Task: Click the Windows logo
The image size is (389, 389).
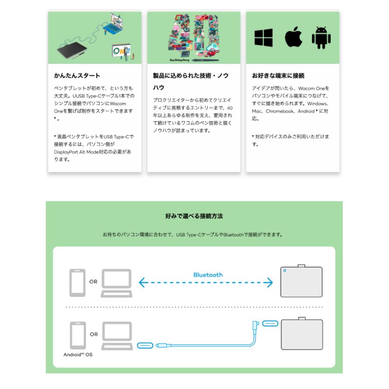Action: click(x=264, y=38)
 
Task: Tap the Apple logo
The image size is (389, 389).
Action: click(x=293, y=37)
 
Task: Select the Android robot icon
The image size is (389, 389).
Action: click(x=321, y=38)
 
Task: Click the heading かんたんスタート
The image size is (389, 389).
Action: click(x=77, y=75)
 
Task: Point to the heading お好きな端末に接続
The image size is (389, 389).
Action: click(x=278, y=75)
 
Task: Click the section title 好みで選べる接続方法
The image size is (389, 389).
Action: click(x=194, y=216)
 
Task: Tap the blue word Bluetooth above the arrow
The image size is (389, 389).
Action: click(x=208, y=275)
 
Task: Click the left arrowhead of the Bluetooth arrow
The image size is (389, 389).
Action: click(x=142, y=283)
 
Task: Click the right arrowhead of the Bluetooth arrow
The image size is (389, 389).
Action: click(x=270, y=283)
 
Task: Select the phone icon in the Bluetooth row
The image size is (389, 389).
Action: click(x=77, y=283)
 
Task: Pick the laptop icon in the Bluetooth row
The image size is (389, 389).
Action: click(x=117, y=283)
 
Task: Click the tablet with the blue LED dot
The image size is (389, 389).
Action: click(x=301, y=281)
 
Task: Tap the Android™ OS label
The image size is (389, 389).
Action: click(x=78, y=354)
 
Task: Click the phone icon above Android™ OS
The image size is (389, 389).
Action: click(x=78, y=335)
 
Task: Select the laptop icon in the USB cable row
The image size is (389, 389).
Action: click(x=117, y=336)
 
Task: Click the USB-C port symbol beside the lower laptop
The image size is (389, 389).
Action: click(x=145, y=345)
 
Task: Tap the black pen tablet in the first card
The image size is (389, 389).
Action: click(x=72, y=51)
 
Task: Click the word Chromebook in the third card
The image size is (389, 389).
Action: click(x=280, y=111)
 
